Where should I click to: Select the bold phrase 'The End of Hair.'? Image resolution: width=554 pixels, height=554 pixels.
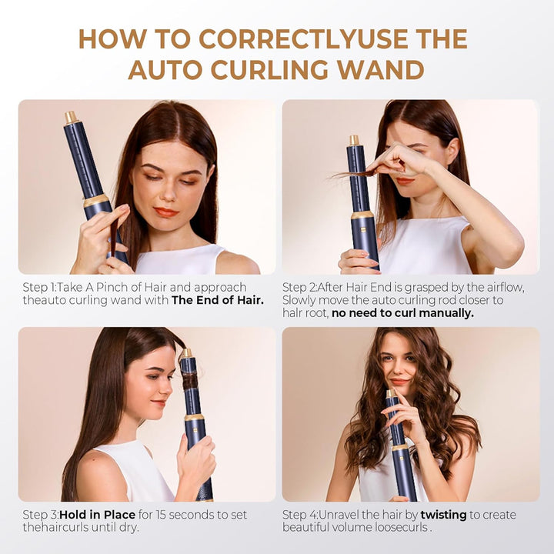218,300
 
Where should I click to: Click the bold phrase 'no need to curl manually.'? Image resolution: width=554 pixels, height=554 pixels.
402,313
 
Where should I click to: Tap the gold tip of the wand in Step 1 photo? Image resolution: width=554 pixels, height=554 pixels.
71,118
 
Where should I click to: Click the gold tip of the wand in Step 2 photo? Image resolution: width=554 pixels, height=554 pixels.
354,141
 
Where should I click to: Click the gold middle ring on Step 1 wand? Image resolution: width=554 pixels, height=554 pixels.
95,201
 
